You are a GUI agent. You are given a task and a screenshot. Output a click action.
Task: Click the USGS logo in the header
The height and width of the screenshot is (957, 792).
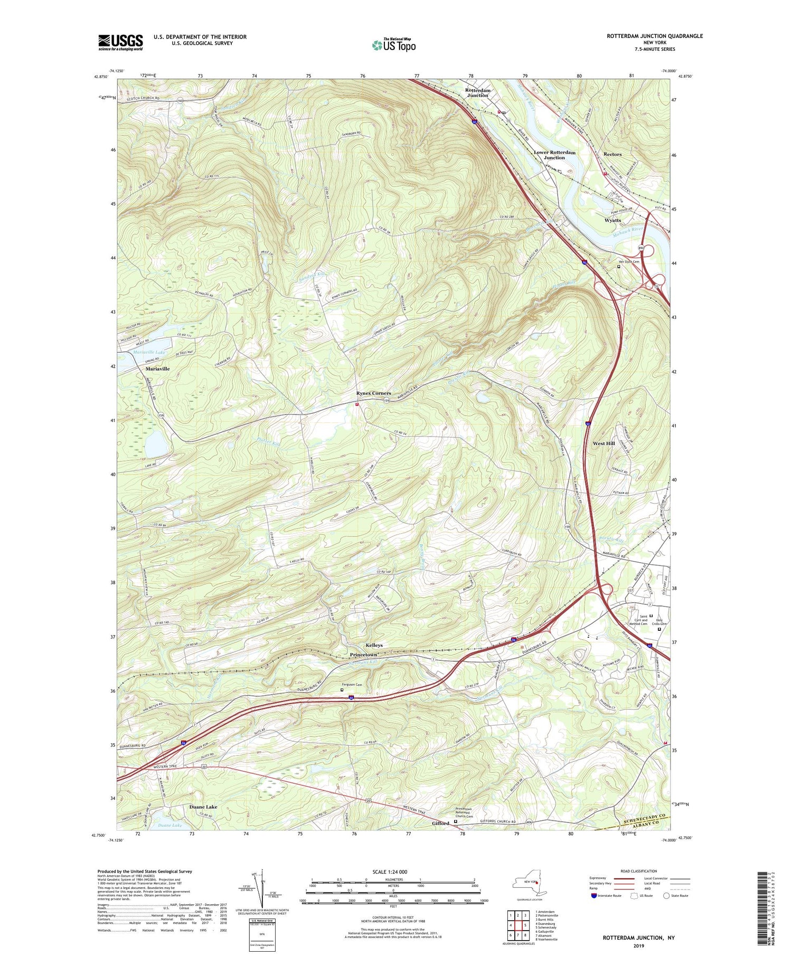[120, 42]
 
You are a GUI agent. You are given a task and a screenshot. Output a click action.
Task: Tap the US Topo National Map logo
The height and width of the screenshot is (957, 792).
[393, 45]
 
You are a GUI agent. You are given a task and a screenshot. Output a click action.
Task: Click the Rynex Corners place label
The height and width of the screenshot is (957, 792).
[373, 393]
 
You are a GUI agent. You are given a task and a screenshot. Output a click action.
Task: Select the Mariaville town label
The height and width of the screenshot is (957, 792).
[157, 369]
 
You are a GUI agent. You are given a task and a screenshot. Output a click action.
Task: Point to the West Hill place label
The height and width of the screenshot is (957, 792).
[604, 443]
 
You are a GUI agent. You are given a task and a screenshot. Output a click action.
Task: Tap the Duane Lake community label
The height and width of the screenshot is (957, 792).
[203, 807]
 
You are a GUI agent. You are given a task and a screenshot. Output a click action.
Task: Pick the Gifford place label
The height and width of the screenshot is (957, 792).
[440, 823]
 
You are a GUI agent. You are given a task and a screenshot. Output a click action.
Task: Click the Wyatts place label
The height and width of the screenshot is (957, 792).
[612, 220]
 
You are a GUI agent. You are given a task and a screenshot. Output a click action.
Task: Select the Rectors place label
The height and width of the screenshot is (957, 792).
[612, 155]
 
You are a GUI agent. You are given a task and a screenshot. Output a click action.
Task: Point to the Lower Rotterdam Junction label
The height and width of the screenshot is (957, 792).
[554, 155]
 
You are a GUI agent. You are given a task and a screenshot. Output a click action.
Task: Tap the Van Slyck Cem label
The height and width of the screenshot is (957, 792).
[628, 262]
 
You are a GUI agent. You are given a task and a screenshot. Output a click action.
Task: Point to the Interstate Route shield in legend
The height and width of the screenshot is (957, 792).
[594, 896]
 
